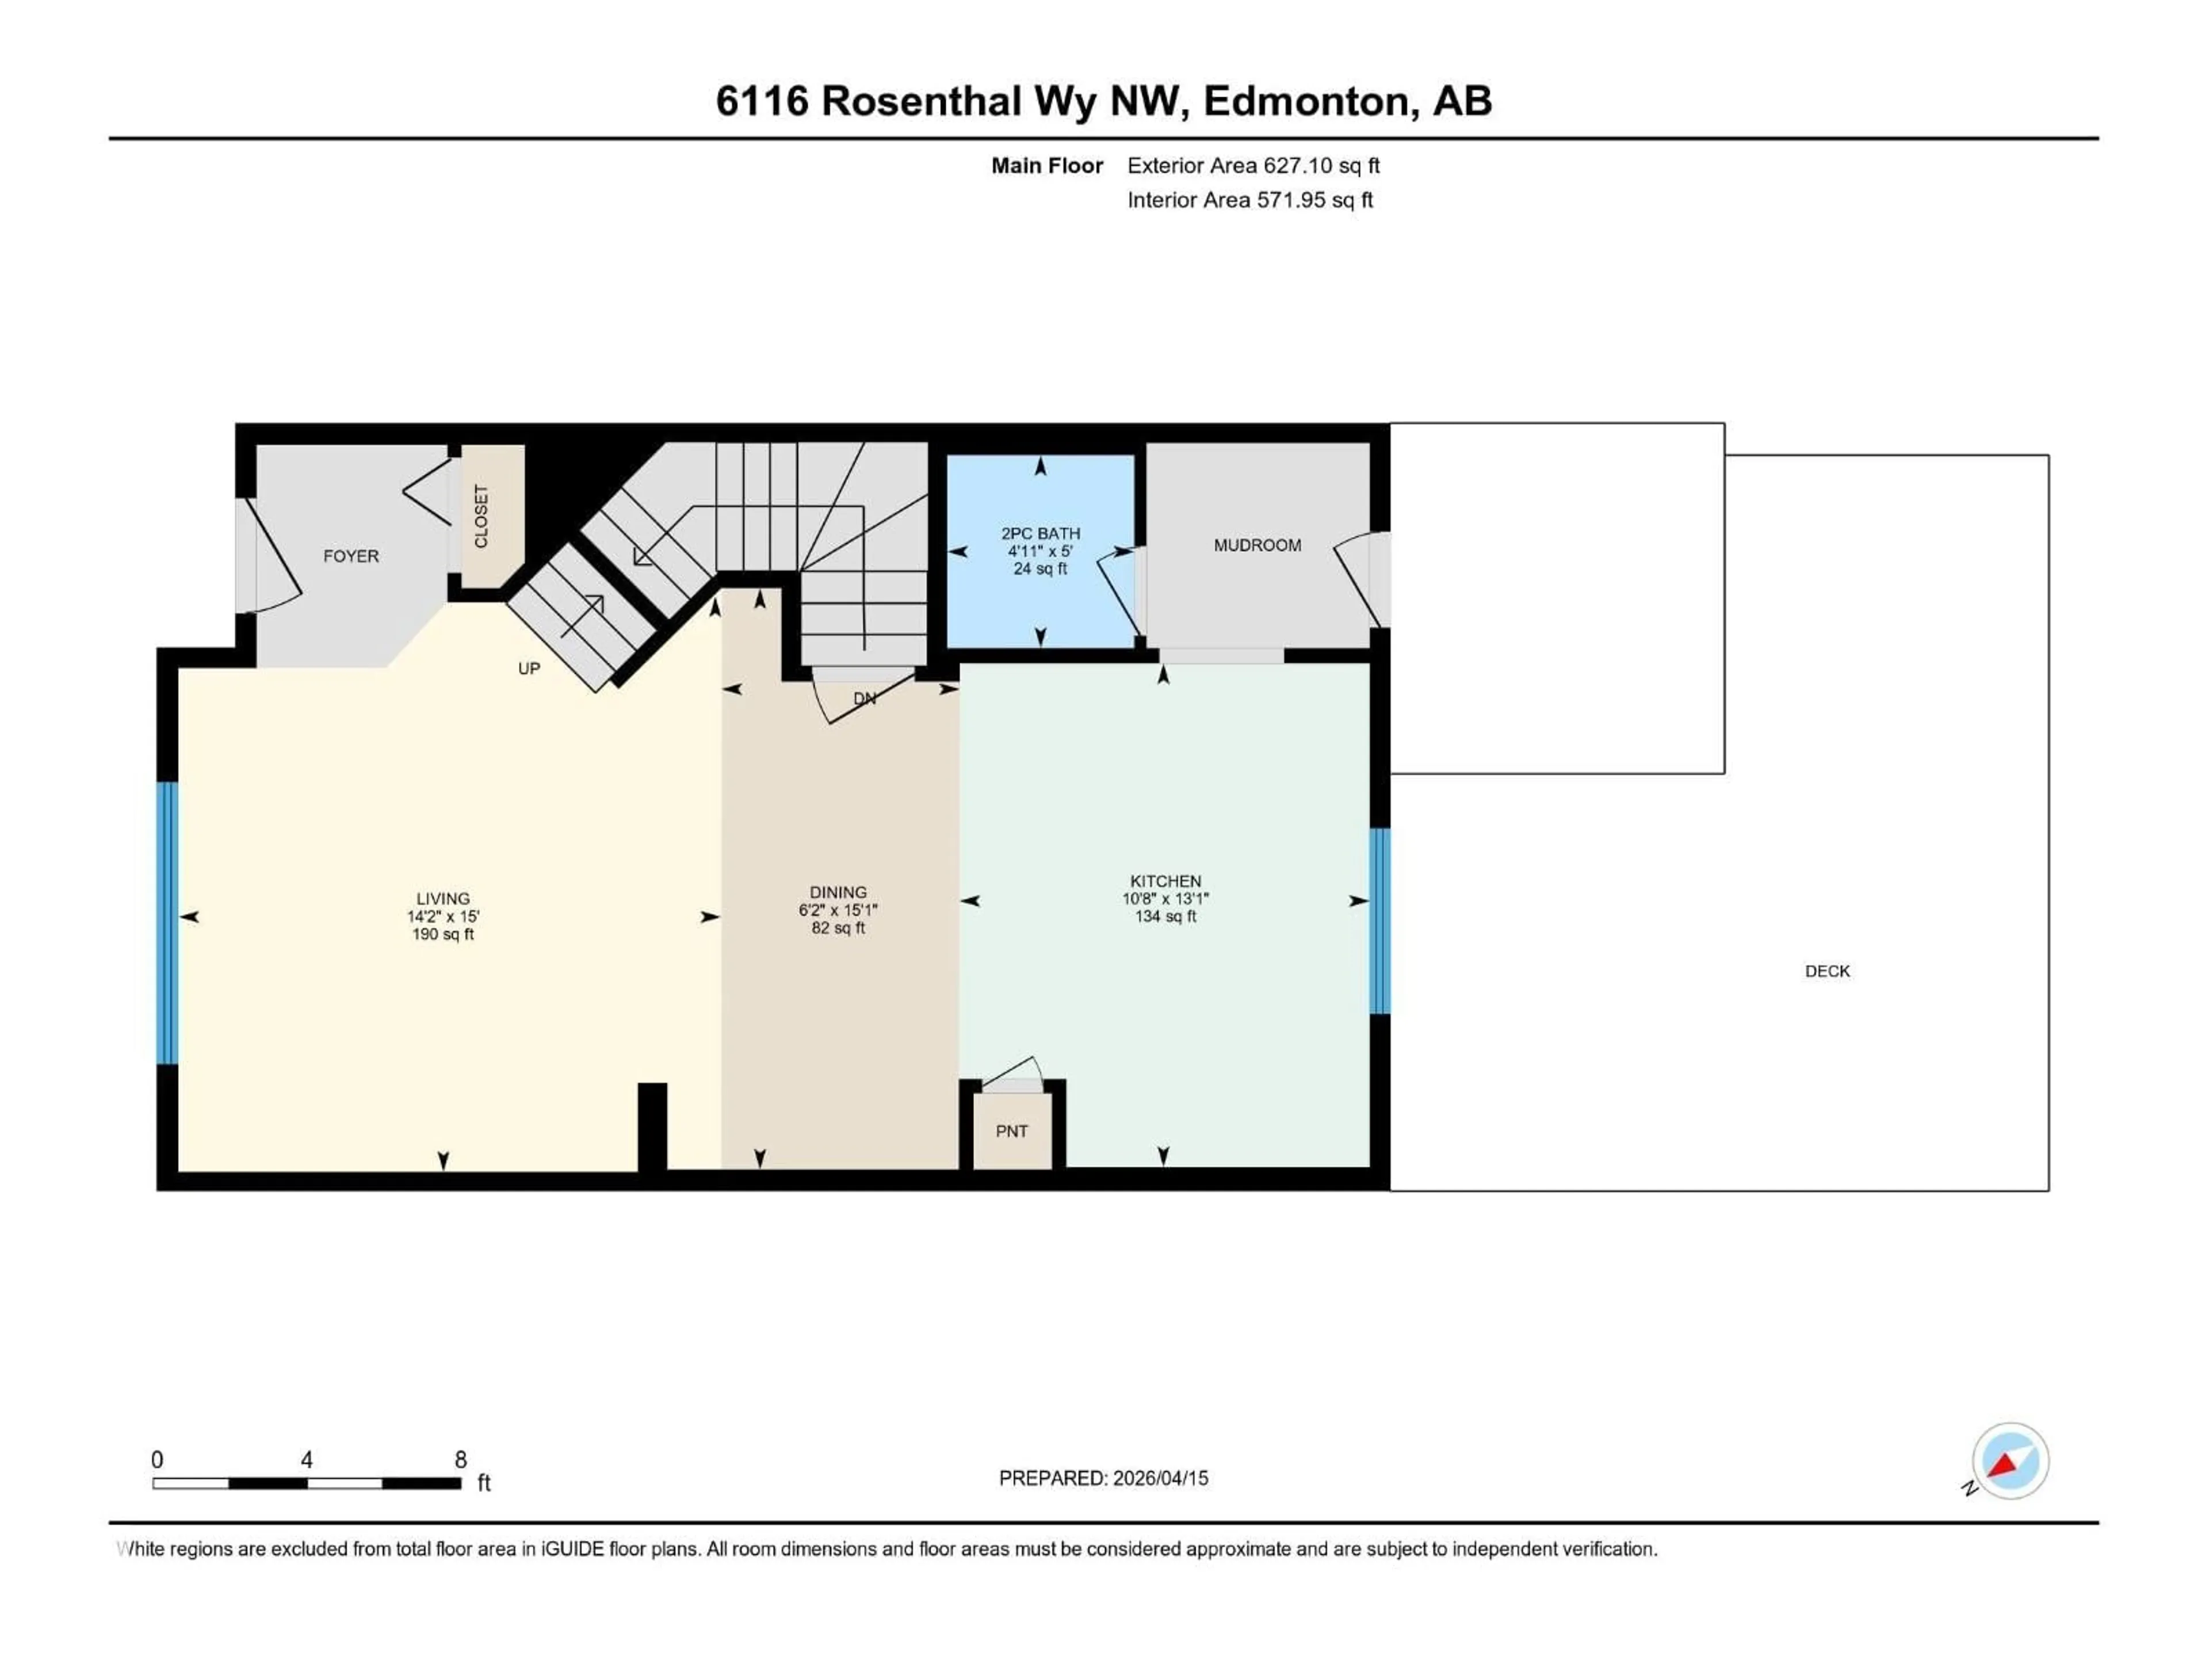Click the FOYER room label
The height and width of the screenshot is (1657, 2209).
pos(350,556)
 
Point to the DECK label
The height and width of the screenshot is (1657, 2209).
pos(1826,971)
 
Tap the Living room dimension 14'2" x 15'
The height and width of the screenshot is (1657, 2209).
pos(442,916)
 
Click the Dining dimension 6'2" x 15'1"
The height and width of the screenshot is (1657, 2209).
pos(837,910)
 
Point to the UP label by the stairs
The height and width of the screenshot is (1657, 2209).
pos(528,668)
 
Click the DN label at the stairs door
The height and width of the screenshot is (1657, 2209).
pos(865,698)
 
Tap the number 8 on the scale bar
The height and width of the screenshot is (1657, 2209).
pos(460,1459)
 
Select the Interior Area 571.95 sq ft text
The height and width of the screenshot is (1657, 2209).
pos(1249,200)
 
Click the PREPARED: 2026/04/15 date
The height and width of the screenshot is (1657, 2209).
pos(1103,1478)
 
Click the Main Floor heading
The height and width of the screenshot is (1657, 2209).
pos(1046,166)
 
